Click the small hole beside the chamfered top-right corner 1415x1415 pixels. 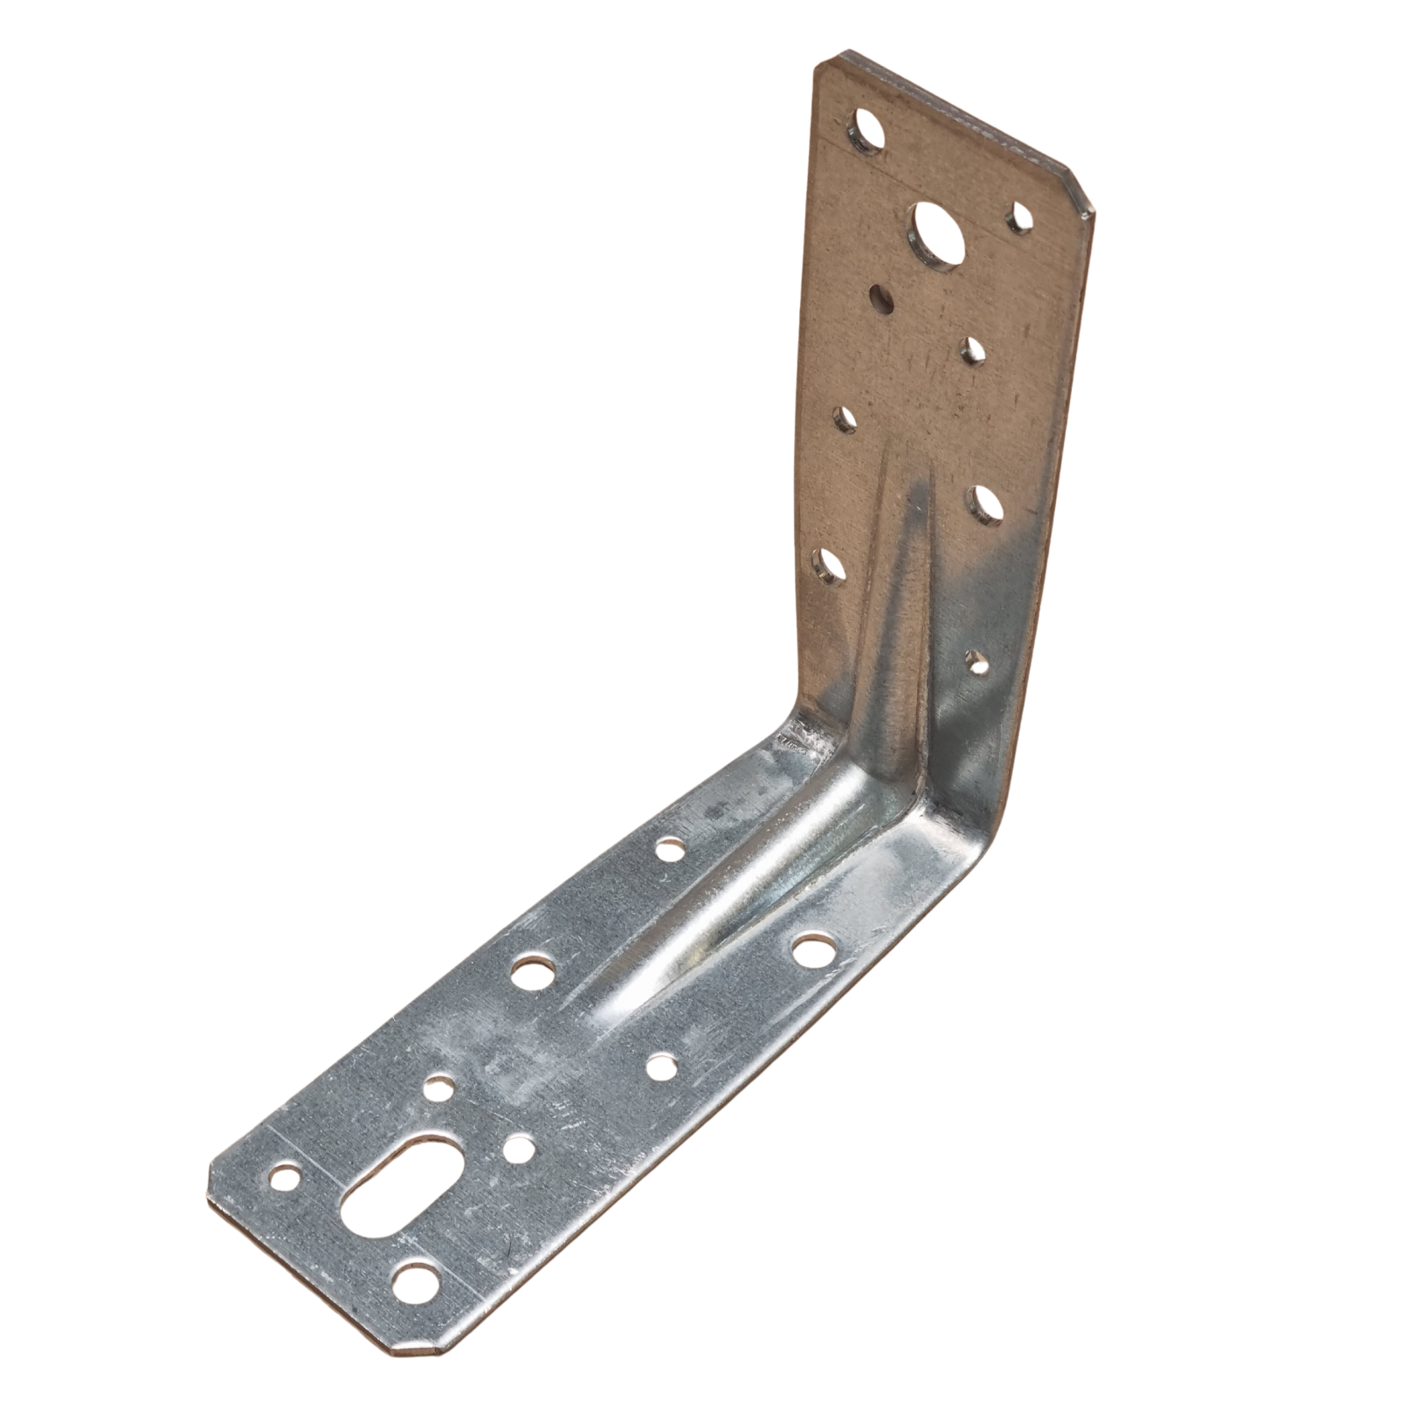coord(1019,217)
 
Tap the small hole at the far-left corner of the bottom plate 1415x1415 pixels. coord(284,1179)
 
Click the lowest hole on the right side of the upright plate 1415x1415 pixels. coord(978,663)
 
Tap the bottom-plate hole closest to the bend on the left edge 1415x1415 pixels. coord(668,847)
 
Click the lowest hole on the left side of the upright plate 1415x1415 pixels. coord(828,567)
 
